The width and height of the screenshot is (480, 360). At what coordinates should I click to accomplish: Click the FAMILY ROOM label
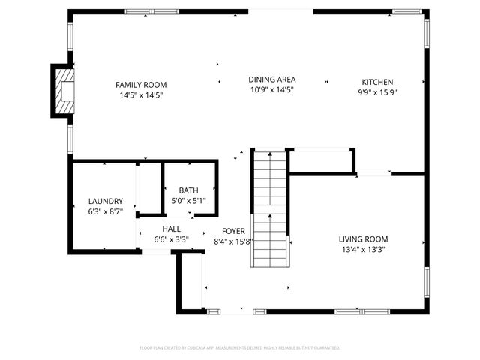[141, 85]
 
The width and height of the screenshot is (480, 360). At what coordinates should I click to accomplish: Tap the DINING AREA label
[272, 79]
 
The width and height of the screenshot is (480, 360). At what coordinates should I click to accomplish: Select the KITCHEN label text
[377, 82]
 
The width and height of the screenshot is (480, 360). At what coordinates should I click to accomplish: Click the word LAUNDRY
[105, 201]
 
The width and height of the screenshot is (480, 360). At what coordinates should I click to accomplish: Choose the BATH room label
[188, 190]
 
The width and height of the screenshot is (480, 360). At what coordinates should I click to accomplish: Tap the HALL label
[171, 229]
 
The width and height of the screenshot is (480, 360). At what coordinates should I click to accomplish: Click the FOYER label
[233, 231]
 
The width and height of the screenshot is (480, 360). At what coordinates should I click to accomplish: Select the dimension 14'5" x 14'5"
[141, 95]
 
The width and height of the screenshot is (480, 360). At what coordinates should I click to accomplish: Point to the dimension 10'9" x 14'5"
[271, 90]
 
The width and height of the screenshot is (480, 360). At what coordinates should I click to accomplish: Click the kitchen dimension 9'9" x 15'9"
[377, 93]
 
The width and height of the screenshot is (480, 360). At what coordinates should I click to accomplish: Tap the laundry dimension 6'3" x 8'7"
[105, 211]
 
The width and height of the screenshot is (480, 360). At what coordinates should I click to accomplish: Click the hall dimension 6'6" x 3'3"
[171, 240]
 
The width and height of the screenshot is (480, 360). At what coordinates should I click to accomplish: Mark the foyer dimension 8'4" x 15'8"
[233, 241]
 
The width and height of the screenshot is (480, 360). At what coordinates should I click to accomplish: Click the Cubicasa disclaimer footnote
[240, 348]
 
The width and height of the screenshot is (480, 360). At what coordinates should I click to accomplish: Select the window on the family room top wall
[145, 12]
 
